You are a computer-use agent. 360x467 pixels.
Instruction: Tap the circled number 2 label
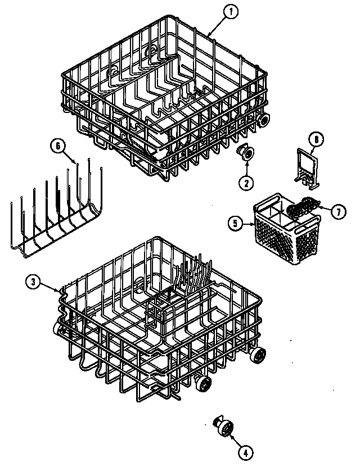coord(246,182)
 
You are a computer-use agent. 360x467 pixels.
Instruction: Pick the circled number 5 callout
coord(235,224)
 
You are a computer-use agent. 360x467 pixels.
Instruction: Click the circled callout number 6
coord(57,146)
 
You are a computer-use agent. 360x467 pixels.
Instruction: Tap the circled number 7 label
coord(337,212)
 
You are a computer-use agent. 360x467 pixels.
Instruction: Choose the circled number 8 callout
coord(317,138)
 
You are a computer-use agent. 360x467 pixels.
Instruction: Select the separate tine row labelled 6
coord(53,216)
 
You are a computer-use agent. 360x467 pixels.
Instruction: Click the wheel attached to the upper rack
coord(263,120)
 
